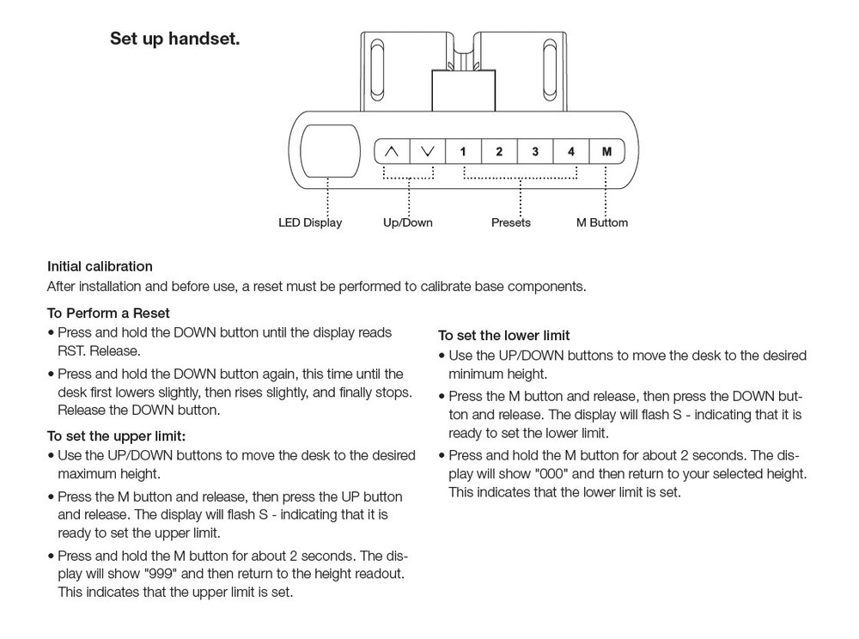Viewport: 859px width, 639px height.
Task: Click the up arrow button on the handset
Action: coord(392,152)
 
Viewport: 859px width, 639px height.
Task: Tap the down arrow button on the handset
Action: coord(428,152)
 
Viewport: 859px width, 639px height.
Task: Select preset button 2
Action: coord(499,152)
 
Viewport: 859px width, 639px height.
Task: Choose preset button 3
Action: coord(535,152)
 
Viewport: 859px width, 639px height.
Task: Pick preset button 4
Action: coord(571,152)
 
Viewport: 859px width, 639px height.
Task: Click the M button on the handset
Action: coord(606,152)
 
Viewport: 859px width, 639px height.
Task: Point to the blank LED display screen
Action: coord(329,150)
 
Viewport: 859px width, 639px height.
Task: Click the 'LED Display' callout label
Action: coord(310,223)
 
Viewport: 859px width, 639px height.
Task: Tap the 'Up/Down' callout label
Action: coord(408,223)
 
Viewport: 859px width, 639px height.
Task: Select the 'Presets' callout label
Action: coord(511,223)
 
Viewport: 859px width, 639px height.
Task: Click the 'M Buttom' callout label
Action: coord(602,223)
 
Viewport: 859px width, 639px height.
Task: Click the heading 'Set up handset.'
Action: coord(174,40)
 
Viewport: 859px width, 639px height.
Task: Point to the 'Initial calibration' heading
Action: coord(100,266)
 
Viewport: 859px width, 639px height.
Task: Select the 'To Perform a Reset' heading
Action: coord(108,313)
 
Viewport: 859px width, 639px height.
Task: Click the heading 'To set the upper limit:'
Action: coord(116,436)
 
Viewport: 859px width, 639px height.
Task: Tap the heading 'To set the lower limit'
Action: coord(504,335)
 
